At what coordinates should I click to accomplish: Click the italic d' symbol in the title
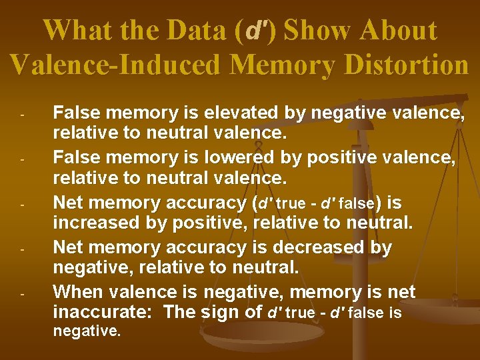(x=257, y=31)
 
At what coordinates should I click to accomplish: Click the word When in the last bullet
(x=76, y=292)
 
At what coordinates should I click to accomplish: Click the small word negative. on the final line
(x=87, y=331)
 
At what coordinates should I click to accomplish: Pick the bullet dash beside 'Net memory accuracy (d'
(x=22, y=204)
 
